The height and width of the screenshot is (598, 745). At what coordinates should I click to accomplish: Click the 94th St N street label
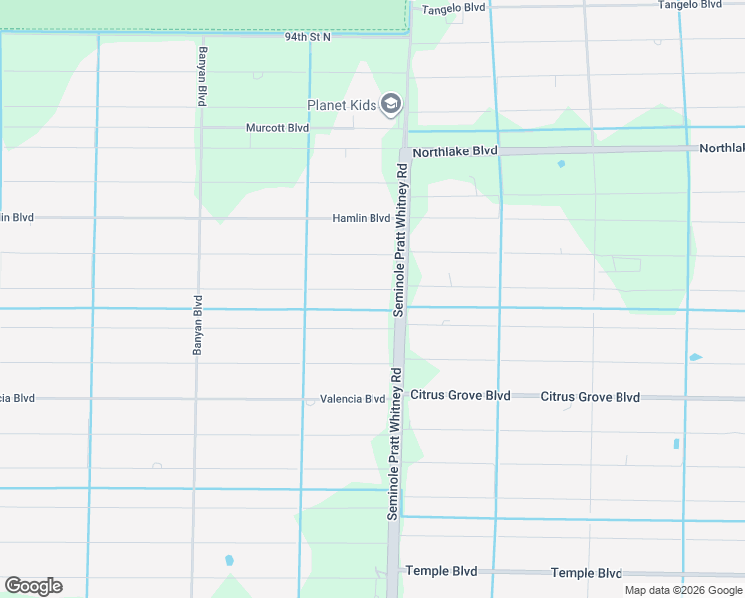(x=307, y=36)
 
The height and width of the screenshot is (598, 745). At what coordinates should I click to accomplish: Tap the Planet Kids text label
(x=341, y=104)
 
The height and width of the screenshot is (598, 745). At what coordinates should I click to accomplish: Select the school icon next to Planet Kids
(x=392, y=104)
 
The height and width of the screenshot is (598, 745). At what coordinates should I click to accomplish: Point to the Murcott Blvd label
(x=278, y=128)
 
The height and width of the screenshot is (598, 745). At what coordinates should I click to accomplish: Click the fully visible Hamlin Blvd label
(x=362, y=218)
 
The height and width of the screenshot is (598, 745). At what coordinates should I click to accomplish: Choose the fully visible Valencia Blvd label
(x=353, y=399)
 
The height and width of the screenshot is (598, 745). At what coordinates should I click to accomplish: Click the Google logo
(x=33, y=586)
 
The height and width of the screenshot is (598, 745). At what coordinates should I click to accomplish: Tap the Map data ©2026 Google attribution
(x=682, y=590)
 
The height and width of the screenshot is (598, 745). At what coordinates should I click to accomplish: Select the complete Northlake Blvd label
(x=454, y=151)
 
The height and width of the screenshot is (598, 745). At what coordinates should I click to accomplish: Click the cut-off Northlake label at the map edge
(x=722, y=148)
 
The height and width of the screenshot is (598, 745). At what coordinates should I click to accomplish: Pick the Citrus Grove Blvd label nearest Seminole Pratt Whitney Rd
(x=460, y=396)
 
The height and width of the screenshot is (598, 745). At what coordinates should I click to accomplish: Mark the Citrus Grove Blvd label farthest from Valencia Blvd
(x=590, y=397)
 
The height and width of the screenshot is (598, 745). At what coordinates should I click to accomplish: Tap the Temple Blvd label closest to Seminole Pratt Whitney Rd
(x=441, y=571)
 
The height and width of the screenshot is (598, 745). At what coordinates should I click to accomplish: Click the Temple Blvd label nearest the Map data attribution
(x=586, y=573)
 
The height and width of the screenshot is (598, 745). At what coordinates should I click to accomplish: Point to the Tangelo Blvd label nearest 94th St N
(x=453, y=8)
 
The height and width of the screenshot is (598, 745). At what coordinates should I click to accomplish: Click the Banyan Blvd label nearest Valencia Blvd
(x=197, y=326)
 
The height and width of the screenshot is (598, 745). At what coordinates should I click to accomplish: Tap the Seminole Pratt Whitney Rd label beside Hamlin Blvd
(x=401, y=236)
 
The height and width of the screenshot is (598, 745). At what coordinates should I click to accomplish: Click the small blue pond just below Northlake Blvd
(x=561, y=164)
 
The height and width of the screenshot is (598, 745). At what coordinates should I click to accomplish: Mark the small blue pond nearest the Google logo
(x=229, y=560)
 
